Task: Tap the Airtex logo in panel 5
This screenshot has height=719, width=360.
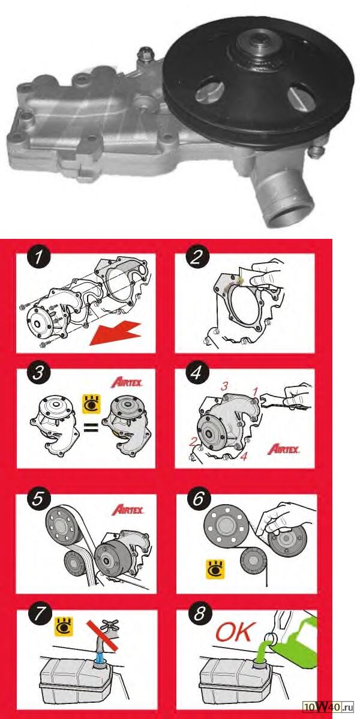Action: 127,508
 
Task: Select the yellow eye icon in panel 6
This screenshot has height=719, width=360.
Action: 215,568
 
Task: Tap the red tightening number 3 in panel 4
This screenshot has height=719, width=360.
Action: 225,386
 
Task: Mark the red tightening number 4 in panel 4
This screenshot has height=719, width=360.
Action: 244,457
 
